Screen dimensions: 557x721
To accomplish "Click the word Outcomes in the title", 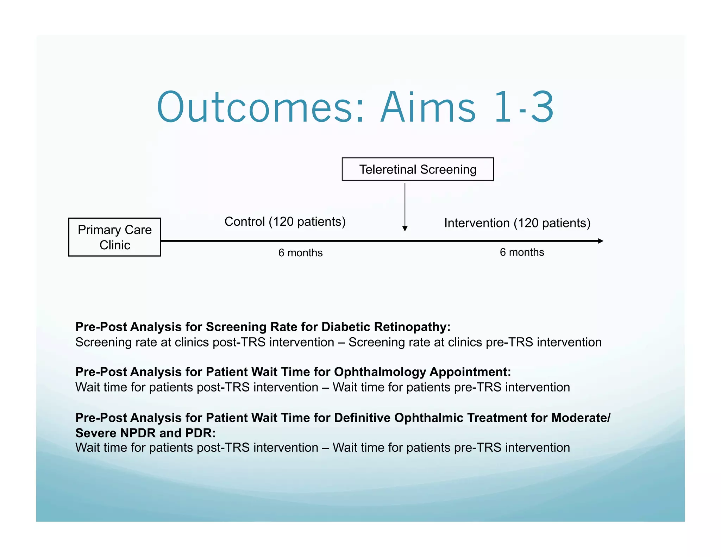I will point(255,107).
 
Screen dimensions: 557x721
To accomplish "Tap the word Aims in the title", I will point(428,107).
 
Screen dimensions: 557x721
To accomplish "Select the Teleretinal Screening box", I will point(418,169).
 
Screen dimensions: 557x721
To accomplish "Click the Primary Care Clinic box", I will point(115,237).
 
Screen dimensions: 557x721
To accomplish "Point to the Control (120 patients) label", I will point(285,221).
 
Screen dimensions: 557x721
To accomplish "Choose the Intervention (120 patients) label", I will point(517,223).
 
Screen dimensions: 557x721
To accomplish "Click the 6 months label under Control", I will point(300,253).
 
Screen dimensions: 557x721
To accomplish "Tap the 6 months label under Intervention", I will point(522,252).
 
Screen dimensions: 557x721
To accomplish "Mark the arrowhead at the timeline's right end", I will point(601,241).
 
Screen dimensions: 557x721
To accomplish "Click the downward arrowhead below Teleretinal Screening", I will point(405,229).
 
